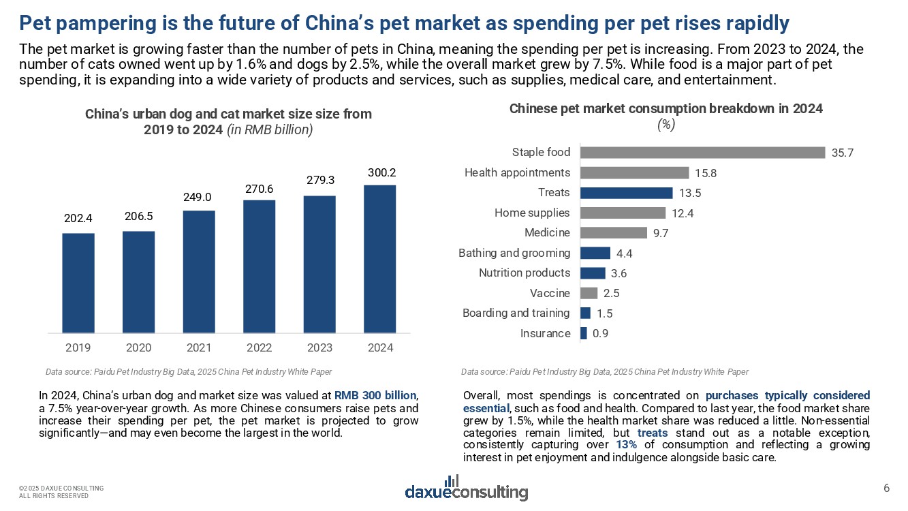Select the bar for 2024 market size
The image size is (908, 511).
[380, 259]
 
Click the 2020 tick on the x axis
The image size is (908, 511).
[139, 347]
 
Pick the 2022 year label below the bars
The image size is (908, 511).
[259, 347]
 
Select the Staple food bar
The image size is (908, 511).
[702, 153]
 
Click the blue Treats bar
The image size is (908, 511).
[626, 193]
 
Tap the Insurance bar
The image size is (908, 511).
[583, 333]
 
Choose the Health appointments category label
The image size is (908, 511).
[517, 172]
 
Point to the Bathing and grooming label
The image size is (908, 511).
[514, 253]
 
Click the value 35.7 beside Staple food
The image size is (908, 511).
[842, 153]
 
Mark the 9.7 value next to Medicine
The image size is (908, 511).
[661, 233]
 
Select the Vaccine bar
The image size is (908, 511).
[589, 293]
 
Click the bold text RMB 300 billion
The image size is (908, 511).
[375, 395]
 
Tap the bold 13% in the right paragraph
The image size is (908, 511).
[627, 445]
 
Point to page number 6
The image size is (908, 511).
[886, 487]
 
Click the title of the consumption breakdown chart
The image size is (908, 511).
[666, 108]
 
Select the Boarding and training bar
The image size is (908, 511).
[585, 313]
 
